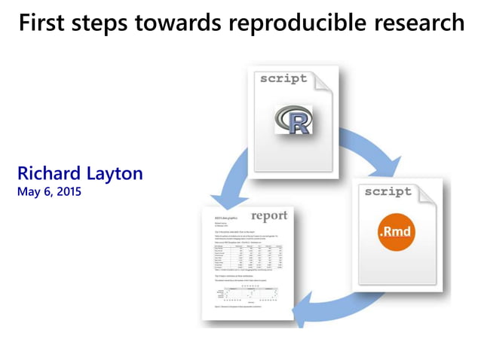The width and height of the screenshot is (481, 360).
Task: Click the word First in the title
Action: tap(42, 23)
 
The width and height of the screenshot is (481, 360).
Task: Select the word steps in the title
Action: tap(100, 23)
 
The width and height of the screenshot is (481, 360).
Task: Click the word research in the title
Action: tap(419, 23)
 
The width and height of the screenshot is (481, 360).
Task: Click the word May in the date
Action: tap(28, 191)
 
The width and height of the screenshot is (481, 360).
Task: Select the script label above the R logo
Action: tap(283, 78)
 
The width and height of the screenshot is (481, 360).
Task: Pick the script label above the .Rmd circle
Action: tap(388, 191)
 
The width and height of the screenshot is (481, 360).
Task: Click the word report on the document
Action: tap(269, 216)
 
